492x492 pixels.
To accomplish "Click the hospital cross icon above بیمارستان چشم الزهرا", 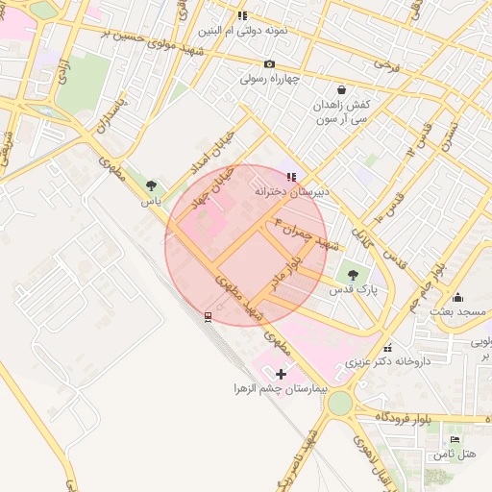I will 281,373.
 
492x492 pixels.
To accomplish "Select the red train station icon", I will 208,315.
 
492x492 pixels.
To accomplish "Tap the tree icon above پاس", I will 151,185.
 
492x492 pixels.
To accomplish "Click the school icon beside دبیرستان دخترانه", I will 291,177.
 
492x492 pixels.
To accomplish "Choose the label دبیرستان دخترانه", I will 291,191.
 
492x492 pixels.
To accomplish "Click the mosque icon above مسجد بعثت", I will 457,297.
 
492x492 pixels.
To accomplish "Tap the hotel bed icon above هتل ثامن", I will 455,439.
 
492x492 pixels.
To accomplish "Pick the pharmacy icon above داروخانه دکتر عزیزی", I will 387,348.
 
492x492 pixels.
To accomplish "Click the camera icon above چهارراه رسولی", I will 268,63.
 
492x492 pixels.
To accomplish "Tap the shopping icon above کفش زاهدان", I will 342,89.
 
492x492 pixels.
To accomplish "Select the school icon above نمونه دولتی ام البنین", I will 242,15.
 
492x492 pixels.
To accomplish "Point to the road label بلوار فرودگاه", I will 394,416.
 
